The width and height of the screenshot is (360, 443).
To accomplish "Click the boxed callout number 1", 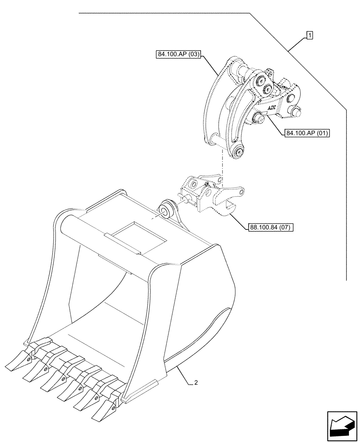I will pyautogui.click(x=309, y=35).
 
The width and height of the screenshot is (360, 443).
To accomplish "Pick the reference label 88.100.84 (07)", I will pyautogui.click(x=270, y=228).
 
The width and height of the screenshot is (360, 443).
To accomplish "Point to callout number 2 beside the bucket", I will pyautogui.click(x=195, y=383).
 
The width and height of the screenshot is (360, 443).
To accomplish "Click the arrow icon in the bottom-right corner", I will pyautogui.click(x=341, y=426).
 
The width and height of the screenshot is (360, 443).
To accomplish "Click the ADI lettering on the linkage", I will pyautogui.click(x=271, y=108).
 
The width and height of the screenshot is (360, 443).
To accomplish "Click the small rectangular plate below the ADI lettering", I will pyautogui.click(x=265, y=114).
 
